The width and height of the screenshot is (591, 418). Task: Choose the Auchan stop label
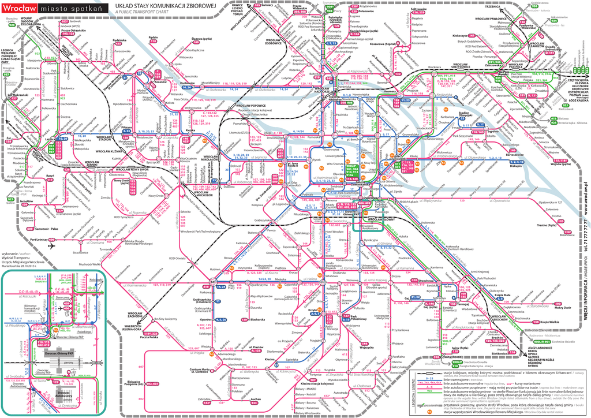258,400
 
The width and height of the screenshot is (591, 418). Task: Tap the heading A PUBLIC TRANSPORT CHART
143,12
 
